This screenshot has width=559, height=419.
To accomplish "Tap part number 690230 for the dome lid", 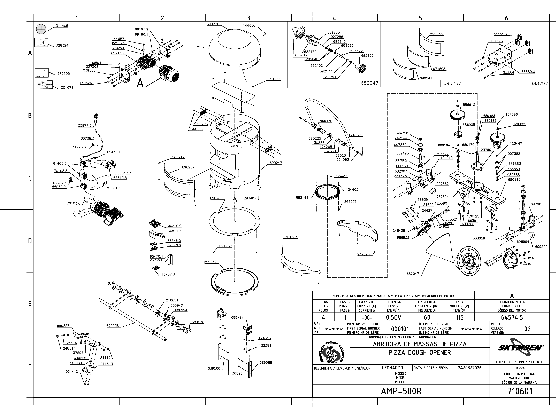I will (x=213, y=24).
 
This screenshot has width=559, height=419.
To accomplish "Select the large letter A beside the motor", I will (x=140, y=83).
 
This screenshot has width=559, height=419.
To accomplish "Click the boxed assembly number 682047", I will (x=369, y=83).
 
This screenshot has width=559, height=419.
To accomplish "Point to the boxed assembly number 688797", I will (x=539, y=83).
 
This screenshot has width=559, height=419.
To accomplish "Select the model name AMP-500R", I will (x=401, y=391).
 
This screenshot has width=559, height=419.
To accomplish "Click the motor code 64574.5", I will (x=512, y=317).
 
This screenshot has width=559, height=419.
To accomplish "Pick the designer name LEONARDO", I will (x=392, y=368).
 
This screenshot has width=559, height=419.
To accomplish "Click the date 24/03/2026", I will (x=469, y=368).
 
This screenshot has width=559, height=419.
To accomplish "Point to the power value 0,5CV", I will (x=394, y=317).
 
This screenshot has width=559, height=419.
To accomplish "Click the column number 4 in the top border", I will (x=334, y=18).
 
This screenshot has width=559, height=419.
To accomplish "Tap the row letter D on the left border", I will (x=30, y=241).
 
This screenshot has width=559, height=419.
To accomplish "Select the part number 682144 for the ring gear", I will (x=302, y=198).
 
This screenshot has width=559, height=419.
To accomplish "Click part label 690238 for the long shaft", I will (x=113, y=326).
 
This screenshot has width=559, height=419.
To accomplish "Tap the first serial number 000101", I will (x=400, y=329).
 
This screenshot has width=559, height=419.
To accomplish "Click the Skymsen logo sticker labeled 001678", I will (x=45, y=85).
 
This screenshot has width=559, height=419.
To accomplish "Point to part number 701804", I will (x=291, y=237).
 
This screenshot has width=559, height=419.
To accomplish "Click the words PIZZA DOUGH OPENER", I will (x=420, y=352).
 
